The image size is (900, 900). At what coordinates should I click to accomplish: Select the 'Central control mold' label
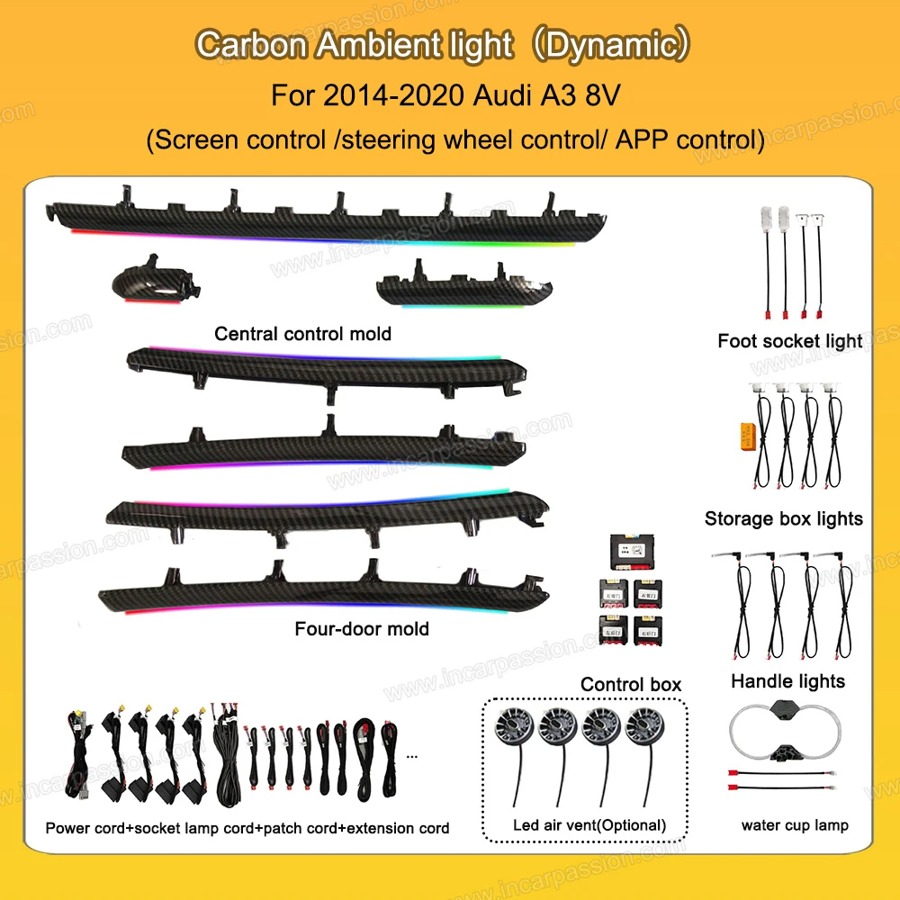point(302,334)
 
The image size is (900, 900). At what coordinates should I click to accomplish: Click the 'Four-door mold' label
point(362,628)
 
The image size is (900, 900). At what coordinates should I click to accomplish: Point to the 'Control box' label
point(630,684)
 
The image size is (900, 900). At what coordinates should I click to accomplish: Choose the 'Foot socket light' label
point(789,341)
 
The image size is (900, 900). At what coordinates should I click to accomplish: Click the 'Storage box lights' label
point(783,518)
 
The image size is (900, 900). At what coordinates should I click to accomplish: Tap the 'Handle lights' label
point(787,681)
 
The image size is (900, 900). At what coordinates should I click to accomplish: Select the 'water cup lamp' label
point(795,824)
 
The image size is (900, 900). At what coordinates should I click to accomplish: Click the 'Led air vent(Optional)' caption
point(589,824)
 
